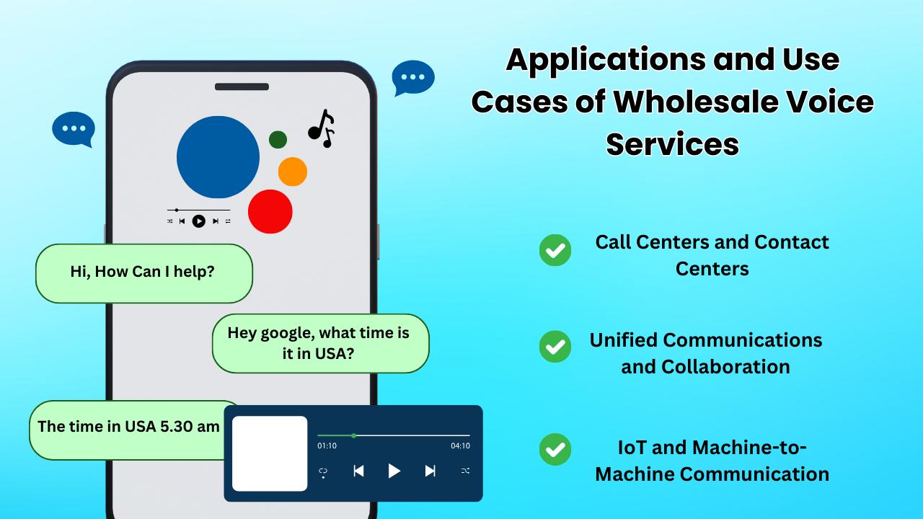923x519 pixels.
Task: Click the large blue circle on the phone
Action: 218,157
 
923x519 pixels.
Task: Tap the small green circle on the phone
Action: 278,140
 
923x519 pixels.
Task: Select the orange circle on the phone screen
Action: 293,172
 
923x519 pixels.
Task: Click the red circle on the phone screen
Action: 270,211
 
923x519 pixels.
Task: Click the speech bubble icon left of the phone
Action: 74,129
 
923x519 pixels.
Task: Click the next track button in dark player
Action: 430,471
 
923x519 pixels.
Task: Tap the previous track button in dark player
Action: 358,471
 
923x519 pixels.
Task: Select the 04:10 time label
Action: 460,446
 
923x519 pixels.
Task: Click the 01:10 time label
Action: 327,446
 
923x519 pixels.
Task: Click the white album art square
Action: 270,453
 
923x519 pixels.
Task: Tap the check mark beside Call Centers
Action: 555,250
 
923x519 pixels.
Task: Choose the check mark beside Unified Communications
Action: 555,347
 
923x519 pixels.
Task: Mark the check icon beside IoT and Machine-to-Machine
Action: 555,449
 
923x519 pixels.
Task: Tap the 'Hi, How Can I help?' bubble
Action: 144,272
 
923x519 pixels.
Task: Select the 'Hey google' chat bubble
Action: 320,343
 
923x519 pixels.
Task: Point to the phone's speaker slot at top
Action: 242,87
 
